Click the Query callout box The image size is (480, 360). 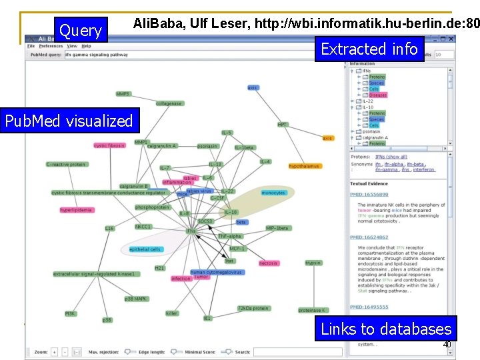point(80,31)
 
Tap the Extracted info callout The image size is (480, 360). point(369,49)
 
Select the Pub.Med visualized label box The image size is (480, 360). point(69,121)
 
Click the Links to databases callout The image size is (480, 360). point(386,329)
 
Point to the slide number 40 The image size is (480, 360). point(447,345)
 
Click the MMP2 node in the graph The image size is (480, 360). point(123,94)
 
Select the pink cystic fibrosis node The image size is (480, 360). point(109,145)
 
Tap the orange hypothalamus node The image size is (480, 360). point(304,166)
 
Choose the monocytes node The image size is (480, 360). point(273,193)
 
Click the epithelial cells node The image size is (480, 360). point(145,249)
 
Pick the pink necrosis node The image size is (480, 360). point(268,263)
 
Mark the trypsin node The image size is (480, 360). point(313,263)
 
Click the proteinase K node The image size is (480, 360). point(312,311)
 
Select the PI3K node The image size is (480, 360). point(70,313)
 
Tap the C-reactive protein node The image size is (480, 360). point(66,164)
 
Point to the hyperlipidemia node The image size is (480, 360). point(76,210)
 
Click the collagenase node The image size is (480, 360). point(169,104)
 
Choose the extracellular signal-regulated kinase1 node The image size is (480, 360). point(94,274)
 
